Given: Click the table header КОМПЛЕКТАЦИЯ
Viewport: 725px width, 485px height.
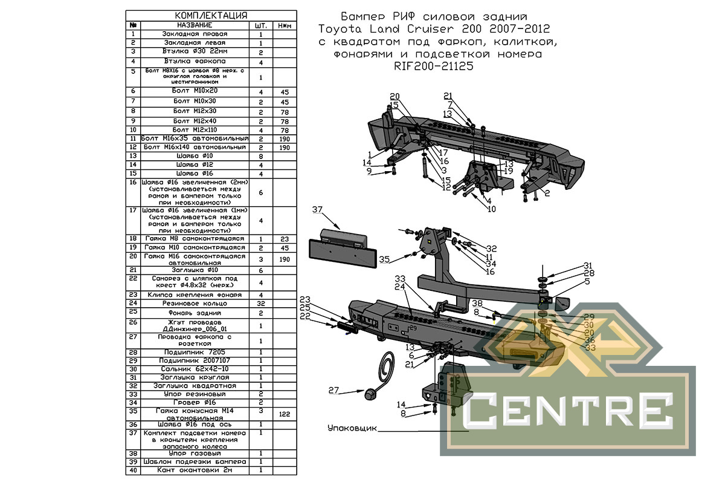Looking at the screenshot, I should [211, 15].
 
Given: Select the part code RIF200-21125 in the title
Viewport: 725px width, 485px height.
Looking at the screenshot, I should [434, 67].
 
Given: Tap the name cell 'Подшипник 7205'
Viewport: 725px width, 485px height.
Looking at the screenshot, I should [194, 352].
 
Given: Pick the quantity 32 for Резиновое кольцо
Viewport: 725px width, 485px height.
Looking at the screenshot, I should [260, 302].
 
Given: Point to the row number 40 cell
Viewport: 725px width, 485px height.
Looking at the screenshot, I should [132, 470].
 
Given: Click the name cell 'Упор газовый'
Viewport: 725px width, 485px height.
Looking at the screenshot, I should [194, 453].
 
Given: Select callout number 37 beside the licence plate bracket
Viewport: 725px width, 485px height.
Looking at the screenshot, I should [318, 210].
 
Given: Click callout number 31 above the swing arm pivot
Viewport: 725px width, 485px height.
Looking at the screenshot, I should [571, 265].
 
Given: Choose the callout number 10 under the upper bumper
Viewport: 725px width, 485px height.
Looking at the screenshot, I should [491, 209].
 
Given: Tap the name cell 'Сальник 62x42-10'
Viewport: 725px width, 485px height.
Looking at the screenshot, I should [194, 369].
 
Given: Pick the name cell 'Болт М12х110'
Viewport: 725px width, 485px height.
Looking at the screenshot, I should [194, 130].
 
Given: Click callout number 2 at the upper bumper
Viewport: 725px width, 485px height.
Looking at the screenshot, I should [547, 194].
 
